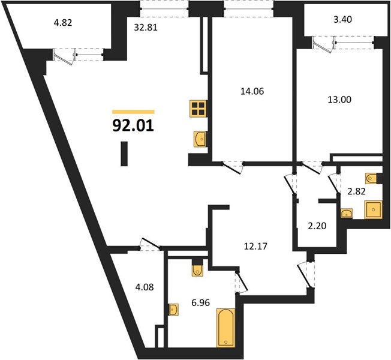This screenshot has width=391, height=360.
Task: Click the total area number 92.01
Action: click(133, 125)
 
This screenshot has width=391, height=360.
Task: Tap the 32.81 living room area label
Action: click(146, 27)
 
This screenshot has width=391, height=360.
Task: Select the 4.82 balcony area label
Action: click(63, 23)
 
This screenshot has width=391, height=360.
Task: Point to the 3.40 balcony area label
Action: click(342, 19)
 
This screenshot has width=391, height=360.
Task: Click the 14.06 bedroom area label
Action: click(252, 91)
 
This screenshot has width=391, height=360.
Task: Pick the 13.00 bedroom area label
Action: click(339, 99)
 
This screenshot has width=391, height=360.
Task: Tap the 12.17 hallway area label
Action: click(255, 246)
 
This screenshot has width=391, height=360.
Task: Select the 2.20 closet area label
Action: click(317, 226)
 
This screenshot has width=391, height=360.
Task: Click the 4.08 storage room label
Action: click(145, 287)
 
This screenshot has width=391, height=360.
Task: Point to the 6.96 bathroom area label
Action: click(200, 302)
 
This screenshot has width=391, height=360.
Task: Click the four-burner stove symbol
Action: click(198, 109)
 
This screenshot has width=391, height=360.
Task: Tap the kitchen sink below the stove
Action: click(200, 139)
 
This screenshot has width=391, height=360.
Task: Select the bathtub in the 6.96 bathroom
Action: click(226, 328)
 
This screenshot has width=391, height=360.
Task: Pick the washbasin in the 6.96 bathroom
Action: click(173, 310)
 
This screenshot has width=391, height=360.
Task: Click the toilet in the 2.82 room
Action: click(372, 178)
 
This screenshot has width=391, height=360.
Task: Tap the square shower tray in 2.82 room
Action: click(373, 210)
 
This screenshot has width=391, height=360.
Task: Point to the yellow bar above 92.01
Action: click(133, 112)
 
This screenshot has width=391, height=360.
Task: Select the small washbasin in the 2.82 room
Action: click(347, 213)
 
